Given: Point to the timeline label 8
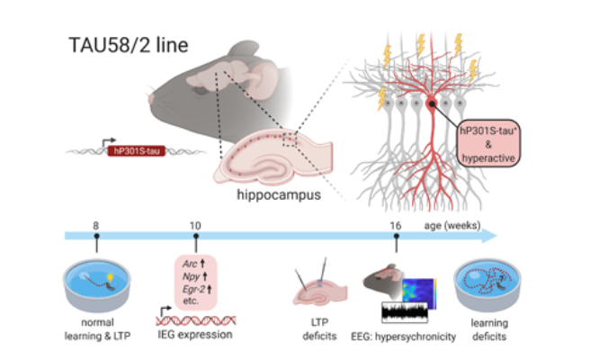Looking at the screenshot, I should tap(96, 223).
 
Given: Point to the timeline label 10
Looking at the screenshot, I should tap(195, 223).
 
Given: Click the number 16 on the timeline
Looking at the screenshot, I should tap(397, 223).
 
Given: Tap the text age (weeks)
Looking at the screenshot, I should tap(452, 224).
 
